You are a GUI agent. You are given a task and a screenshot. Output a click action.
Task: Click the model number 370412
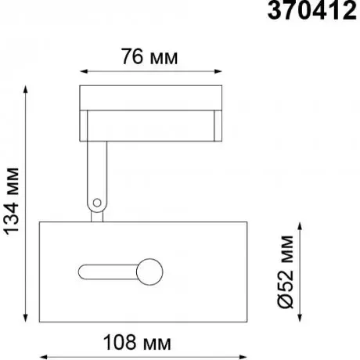(312, 11)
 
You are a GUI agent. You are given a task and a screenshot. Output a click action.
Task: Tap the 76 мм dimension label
(149, 57)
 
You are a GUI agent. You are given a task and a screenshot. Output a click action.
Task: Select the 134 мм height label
(12, 201)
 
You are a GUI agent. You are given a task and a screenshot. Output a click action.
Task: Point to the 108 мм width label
(137, 342)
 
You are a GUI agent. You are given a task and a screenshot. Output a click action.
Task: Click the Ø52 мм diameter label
(285, 272)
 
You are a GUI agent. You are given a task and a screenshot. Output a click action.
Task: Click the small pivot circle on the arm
(97, 203)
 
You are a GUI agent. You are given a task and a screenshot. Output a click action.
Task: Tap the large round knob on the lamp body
(149, 272)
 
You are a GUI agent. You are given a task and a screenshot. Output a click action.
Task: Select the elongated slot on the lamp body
(108, 272)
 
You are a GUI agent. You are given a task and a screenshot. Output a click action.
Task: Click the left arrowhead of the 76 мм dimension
(83, 71)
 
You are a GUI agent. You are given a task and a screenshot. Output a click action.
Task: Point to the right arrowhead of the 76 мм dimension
(218, 71)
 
